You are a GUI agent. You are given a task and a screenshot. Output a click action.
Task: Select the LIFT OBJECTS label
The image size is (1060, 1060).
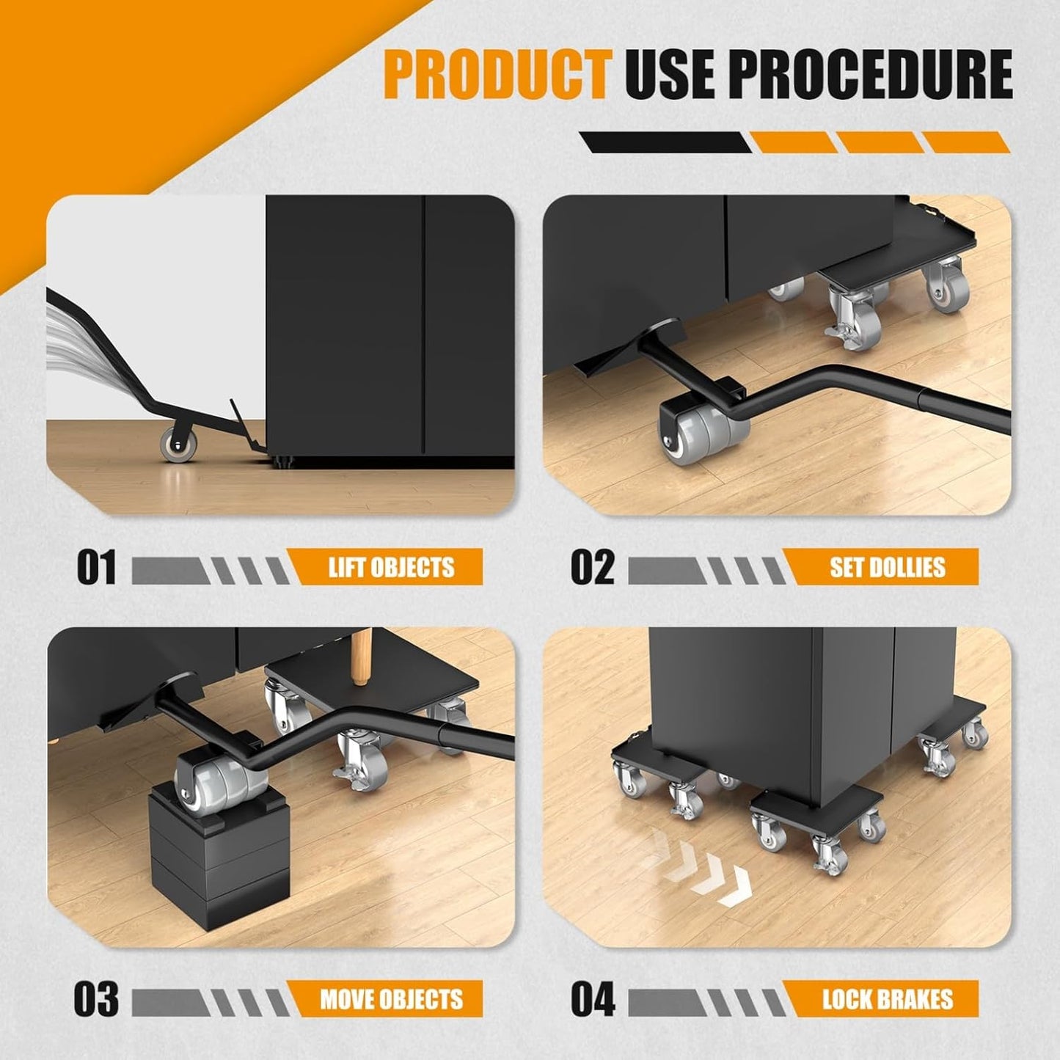(x=390, y=567)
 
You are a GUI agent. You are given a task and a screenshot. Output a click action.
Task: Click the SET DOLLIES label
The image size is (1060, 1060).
(x=887, y=567)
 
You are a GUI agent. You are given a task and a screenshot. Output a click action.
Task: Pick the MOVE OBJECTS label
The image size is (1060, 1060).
(x=391, y=999)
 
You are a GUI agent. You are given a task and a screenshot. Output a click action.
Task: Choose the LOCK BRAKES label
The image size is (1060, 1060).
(x=887, y=999)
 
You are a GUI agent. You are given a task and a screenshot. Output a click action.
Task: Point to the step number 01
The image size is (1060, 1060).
(x=96, y=567)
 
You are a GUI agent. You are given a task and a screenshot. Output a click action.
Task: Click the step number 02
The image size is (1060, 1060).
(x=593, y=567)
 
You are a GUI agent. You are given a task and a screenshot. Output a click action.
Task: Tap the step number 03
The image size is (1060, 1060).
(x=96, y=999)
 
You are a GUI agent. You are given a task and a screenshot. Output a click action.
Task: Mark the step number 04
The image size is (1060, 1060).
(x=593, y=999)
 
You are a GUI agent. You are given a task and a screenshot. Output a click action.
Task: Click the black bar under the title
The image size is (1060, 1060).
(x=664, y=142)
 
